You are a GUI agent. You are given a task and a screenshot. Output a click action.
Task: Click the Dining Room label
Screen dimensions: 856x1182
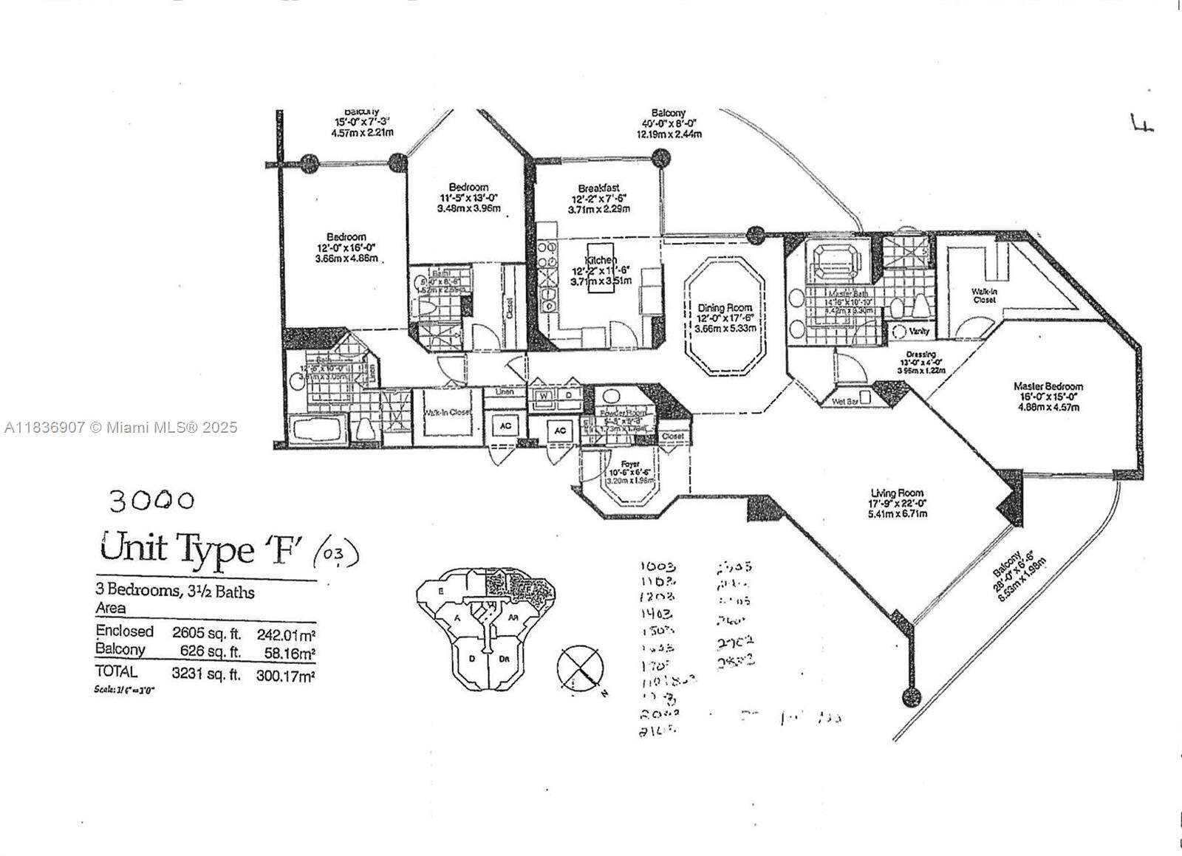click(725, 307)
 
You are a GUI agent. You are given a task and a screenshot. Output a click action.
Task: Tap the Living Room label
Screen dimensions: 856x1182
click(897, 493)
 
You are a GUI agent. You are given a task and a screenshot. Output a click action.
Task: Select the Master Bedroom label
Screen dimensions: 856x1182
click(1048, 386)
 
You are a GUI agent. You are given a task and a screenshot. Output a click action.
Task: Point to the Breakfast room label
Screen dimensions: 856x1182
click(598, 188)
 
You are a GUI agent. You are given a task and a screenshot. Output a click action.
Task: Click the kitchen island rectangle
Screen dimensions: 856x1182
click(600, 268)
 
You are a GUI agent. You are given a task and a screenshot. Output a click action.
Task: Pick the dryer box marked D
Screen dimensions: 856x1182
click(569, 396)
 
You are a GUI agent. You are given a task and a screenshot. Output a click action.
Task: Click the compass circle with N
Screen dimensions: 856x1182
click(580, 668)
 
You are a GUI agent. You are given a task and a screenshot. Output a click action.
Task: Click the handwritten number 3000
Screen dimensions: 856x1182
click(151, 501)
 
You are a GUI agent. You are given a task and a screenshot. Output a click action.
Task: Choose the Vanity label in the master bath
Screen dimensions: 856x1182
click(918, 332)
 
